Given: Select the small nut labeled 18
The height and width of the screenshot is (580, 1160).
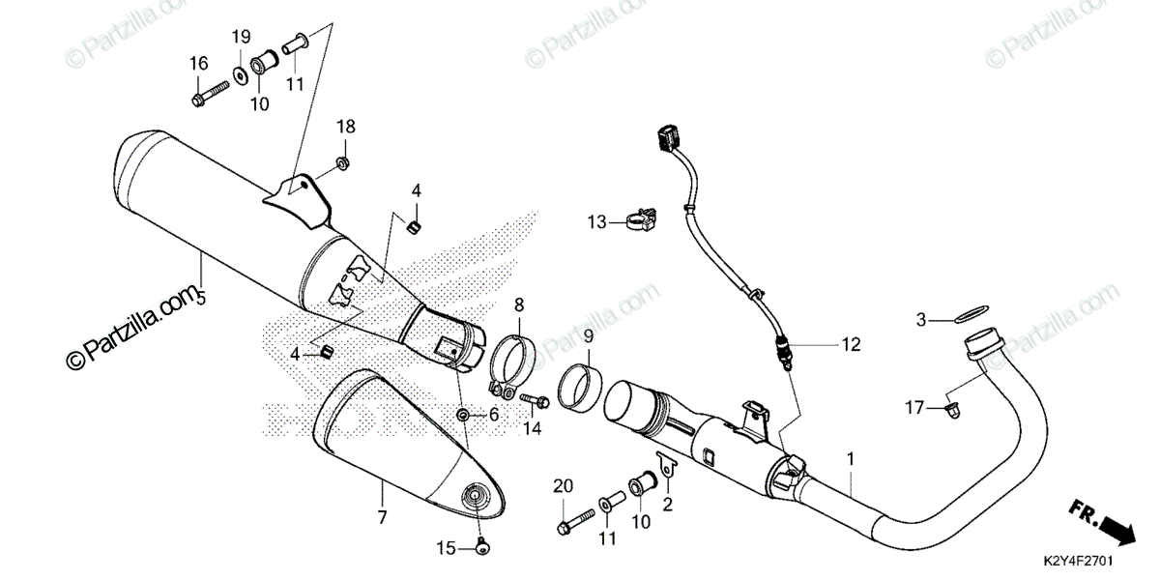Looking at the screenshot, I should (x=343, y=160).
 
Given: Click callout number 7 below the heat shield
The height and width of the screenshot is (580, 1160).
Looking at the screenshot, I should (x=382, y=517).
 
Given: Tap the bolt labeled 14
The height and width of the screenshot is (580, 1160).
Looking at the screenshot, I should (x=534, y=398).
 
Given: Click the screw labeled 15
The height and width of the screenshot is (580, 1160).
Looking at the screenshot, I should (x=483, y=549).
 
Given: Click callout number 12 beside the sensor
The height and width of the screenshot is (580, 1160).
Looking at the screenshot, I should (x=850, y=343).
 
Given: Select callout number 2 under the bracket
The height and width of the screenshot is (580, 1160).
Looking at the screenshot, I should (x=667, y=504).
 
